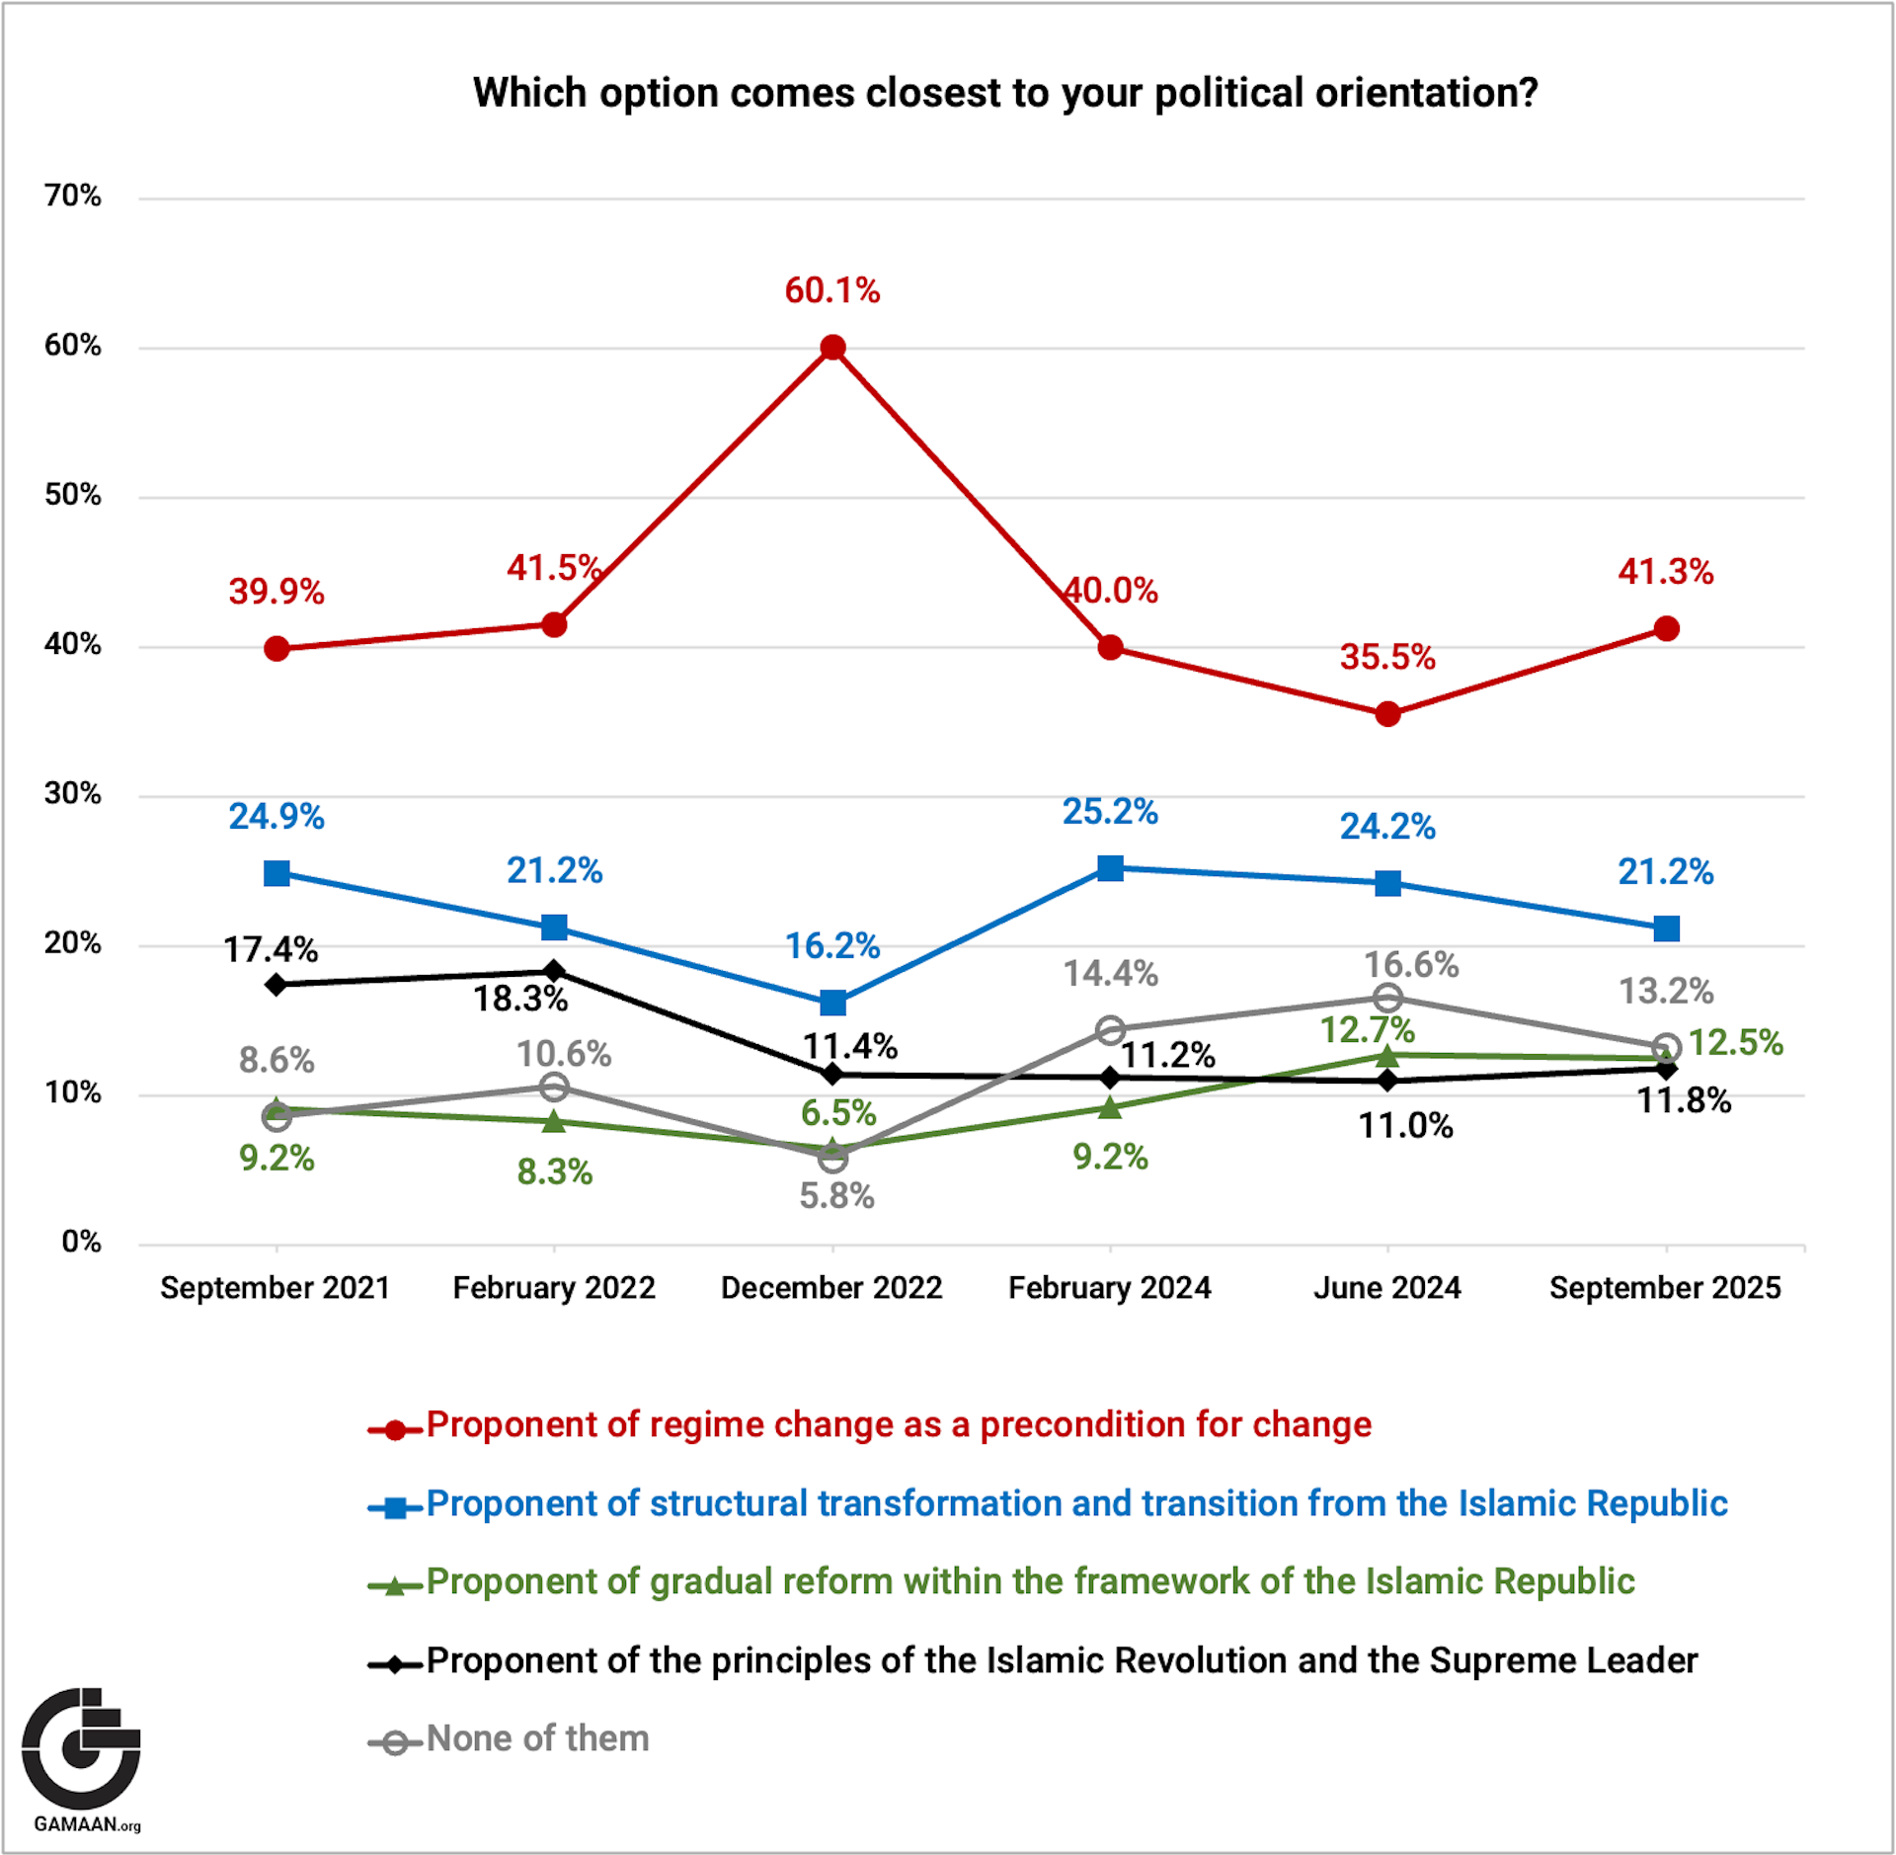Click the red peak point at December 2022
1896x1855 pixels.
[832, 348]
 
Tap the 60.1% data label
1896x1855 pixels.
[832, 290]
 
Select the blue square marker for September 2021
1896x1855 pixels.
[277, 873]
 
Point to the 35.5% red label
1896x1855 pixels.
[1387, 657]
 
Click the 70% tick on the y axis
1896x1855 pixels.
[72, 196]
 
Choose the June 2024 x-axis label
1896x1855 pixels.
[1387, 1287]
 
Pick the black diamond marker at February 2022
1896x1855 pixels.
[555, 971]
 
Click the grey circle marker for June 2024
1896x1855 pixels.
[1387, 998]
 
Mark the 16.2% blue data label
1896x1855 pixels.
[832, 946]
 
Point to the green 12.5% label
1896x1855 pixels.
[1736, 1042]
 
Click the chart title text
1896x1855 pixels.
[1005, 93]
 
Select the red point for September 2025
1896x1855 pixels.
[1667, 628]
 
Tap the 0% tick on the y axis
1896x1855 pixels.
[81, 1242]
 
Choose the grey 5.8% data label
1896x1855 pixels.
[836, 1196]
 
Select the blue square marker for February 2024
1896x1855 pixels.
[1111, 868]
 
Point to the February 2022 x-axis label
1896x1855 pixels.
[554, 1287]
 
